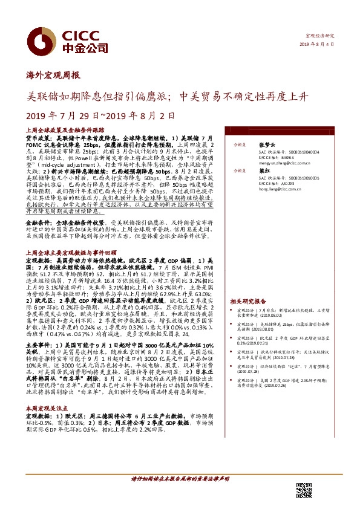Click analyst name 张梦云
266,144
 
